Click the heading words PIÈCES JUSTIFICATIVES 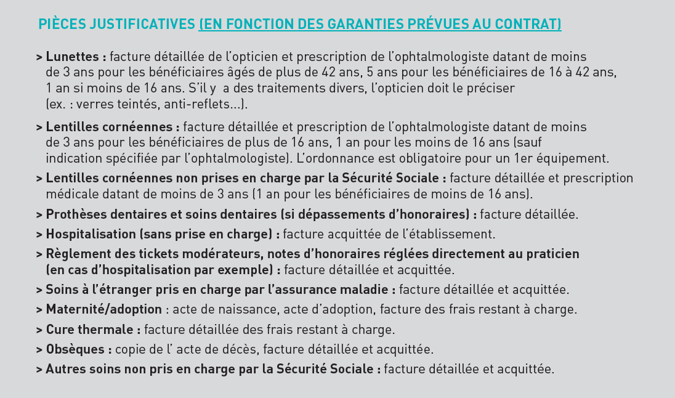[116, 24]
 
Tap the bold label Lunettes [73, 57]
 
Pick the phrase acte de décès [222, 349]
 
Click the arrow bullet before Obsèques [39, 350]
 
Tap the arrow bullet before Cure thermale [39, 330]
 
